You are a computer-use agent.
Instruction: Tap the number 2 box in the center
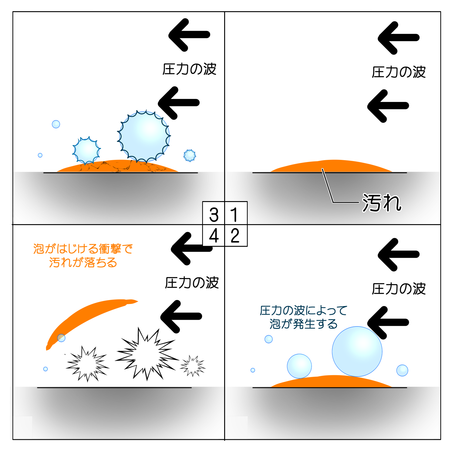(236, 235)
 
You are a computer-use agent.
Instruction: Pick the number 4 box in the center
(214, 235)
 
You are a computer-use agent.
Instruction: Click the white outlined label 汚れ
(382, 203)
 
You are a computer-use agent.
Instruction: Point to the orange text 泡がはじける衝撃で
(83, 249)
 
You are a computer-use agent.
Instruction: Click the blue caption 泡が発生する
(303, 324)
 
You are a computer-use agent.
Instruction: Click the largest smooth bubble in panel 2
(357, 351)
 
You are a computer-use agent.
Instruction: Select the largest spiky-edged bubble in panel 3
(144, 136)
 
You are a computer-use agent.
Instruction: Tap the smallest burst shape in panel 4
(193, 366)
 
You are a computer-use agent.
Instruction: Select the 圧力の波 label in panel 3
(189, 69)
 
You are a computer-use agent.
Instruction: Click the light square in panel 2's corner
(236, 427)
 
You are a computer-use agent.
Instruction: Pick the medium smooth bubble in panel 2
(299, 366)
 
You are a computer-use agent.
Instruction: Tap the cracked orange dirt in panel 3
(118, 166)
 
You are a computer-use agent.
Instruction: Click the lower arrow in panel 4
(181, 316)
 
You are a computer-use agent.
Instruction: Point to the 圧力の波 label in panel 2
(399, 289)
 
